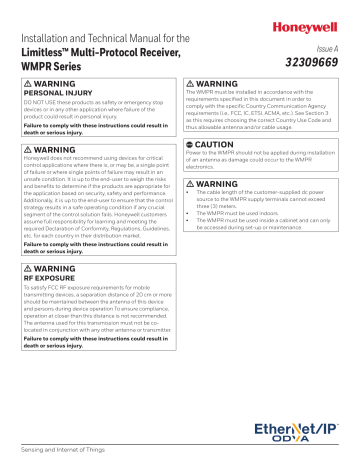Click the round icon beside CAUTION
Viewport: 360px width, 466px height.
(194, 146)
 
